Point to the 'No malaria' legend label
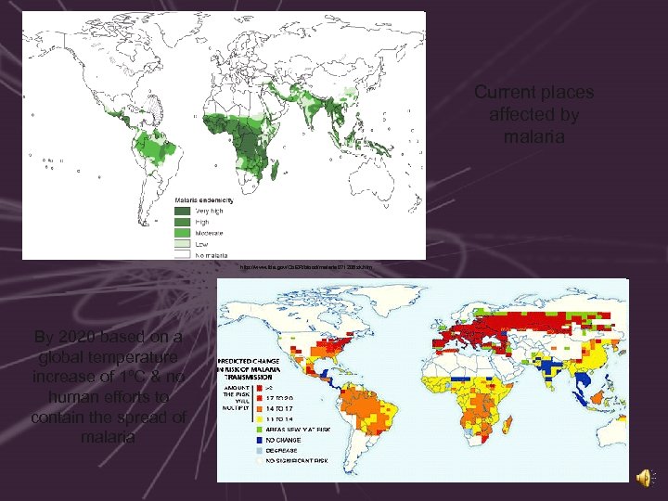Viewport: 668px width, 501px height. click(211, 251)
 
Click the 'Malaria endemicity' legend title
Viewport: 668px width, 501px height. click(205, 200)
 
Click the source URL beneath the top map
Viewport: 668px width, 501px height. click(305, 267)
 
